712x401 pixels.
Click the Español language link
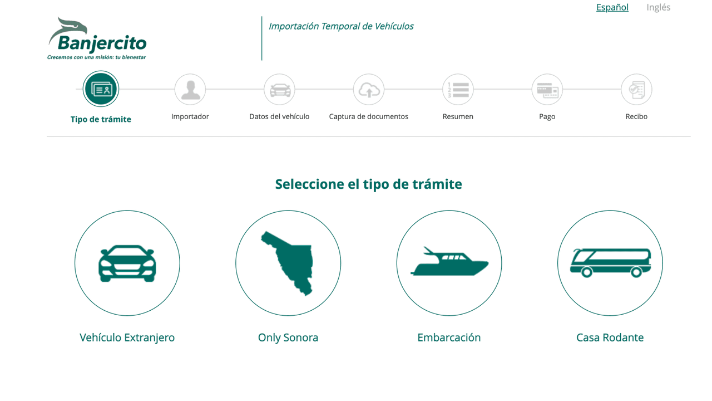[x=612, y=7]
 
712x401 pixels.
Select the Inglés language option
[x=658, y=7]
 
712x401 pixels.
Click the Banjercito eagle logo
[x=97, y=38]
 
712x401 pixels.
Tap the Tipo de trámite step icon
[x=101, y=89]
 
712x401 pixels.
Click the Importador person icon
[x=190, y=90]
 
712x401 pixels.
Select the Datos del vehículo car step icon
[x=279, y=90]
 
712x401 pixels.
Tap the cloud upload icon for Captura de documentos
[x=369, y=90]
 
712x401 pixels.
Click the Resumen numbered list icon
[x=458, y=90]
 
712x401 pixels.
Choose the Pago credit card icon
[x=547, y=90]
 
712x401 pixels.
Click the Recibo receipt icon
[x=636, y=90]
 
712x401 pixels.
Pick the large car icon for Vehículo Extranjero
[x=127, y=263]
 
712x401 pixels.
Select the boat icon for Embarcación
[x=449, y=262]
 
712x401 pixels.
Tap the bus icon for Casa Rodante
[x=610, y=263]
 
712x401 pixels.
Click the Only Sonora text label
[x=288, y=338]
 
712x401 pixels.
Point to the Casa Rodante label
[x=610, y=338]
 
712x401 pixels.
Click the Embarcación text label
[x=449, y=338]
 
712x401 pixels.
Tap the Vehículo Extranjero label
[x=127, y=338]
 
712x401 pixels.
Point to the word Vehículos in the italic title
[x=394, y=26]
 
